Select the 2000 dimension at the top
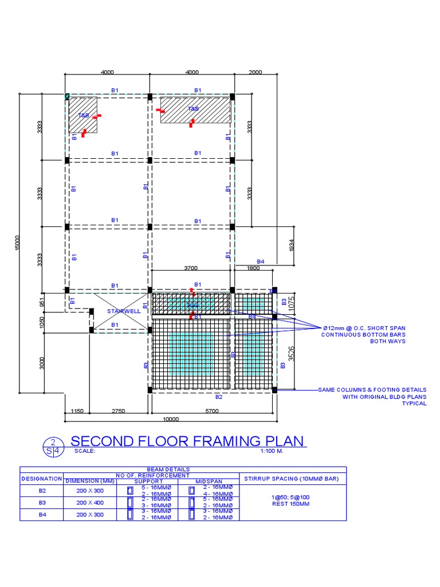click(256, 72)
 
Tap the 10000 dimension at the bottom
click(171, 419)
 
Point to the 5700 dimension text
click(212, 412)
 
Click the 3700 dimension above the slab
click(191, 267)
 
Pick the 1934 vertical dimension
click(292, 245)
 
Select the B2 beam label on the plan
click(218, 397)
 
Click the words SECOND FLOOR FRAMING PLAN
click(187, 441)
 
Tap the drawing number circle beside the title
click(53, 446)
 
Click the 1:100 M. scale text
click(272, 451)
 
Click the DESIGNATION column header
click(41, 478)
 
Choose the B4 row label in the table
click(42, 514)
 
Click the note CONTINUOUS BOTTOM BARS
click(363, 334)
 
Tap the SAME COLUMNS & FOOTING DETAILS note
click(372, 390)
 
